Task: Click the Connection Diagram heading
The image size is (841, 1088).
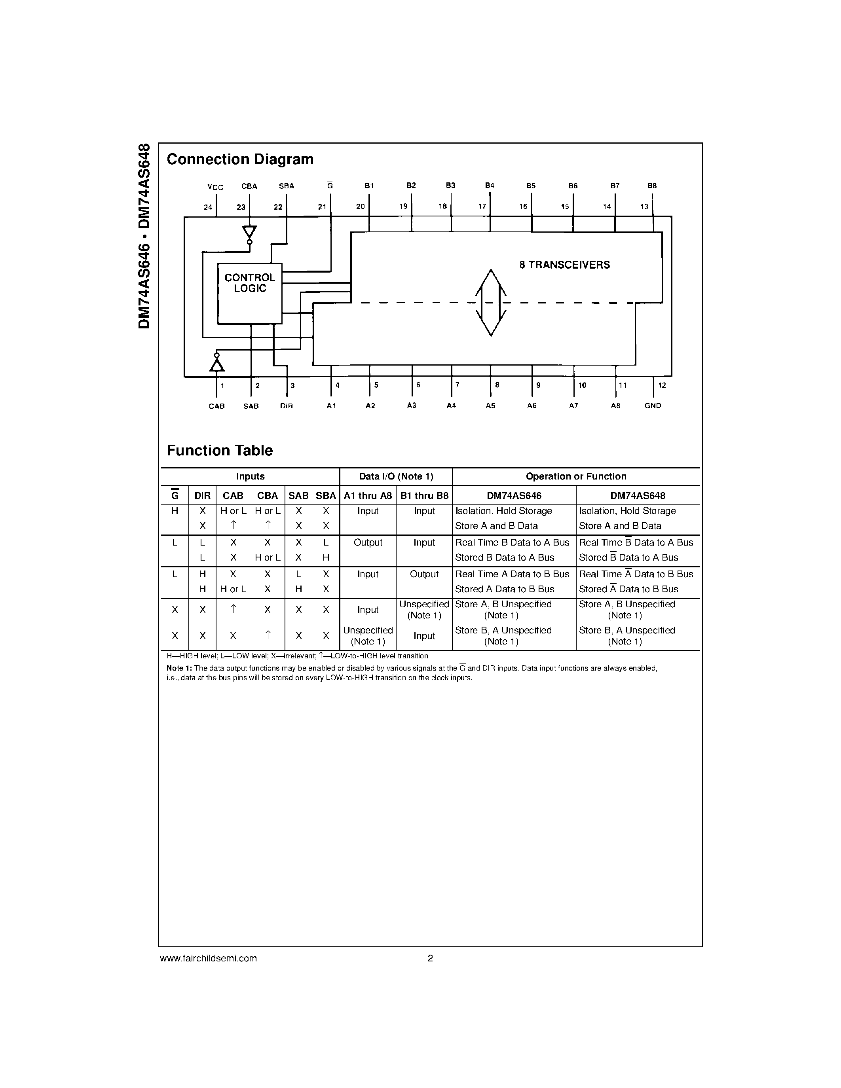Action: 240,159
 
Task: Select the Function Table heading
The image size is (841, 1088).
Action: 219,450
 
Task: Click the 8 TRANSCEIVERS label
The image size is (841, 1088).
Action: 564,265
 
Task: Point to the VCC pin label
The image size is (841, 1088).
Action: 215,187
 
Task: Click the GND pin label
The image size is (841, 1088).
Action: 653,406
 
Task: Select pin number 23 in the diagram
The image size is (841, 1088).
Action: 241,207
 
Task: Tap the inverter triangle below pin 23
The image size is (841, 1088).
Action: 250,233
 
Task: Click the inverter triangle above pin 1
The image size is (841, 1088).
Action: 217,365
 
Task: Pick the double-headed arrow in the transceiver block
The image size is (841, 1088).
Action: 491,302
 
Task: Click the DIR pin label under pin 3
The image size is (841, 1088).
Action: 287,406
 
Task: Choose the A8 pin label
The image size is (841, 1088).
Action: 616,406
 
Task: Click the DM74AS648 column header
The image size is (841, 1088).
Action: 637,496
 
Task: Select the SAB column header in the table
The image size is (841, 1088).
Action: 298,496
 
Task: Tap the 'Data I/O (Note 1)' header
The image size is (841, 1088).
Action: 396,477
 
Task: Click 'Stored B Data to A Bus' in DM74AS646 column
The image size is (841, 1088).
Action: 504,557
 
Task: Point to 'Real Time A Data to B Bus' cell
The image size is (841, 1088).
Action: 512,574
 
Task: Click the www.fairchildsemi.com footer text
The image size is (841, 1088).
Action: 208,958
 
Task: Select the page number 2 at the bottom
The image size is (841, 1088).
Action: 431,958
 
